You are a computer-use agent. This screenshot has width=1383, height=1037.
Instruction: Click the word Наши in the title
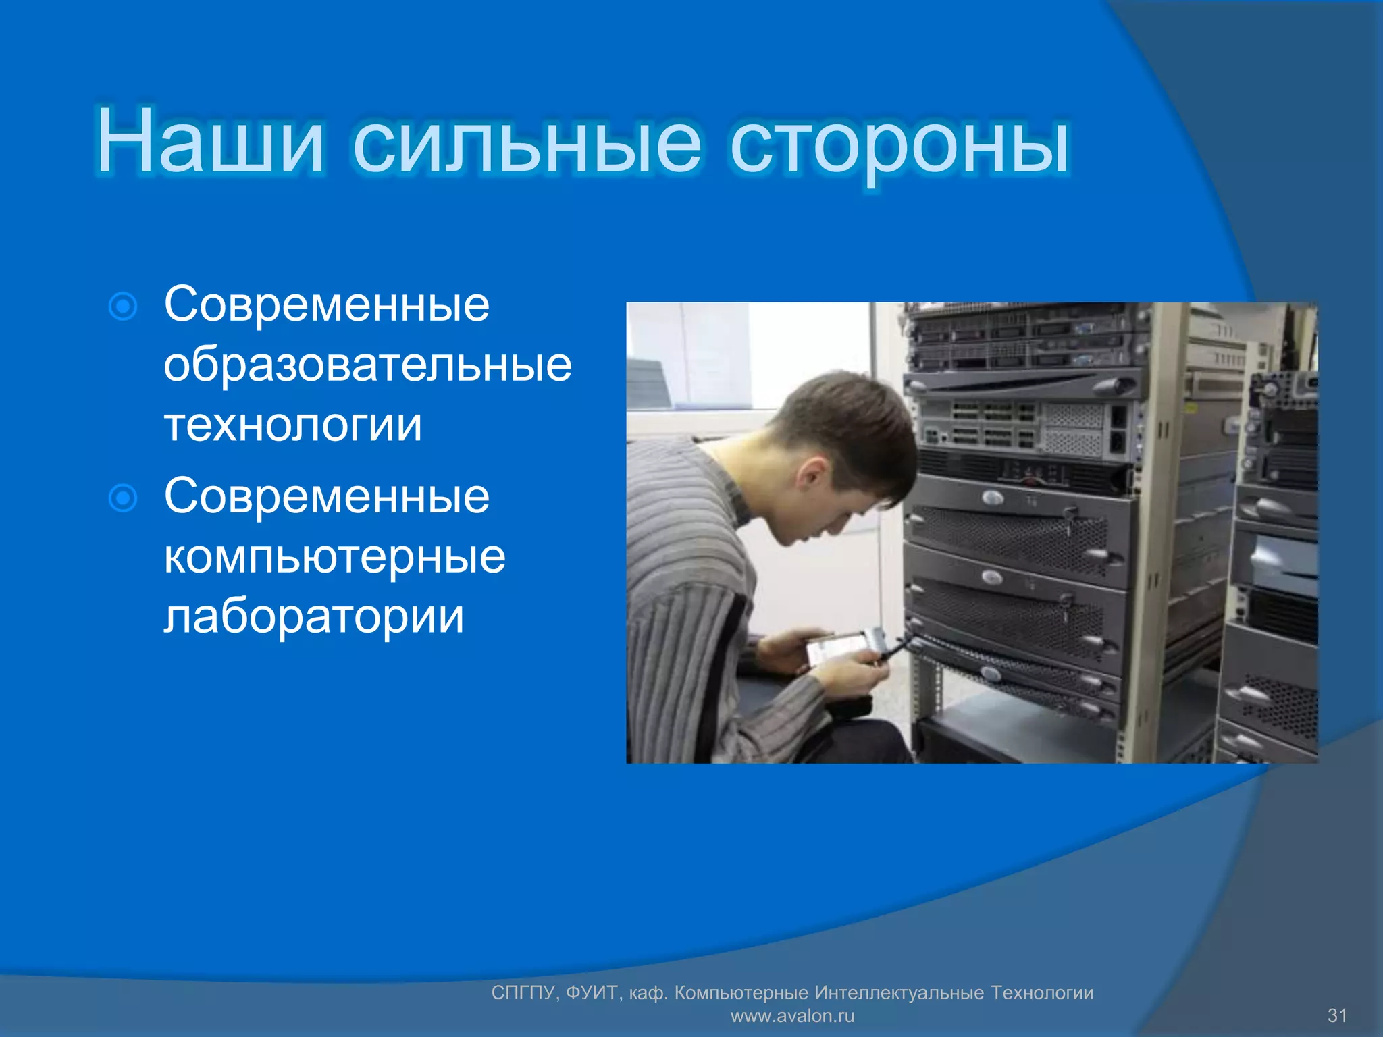point(210,142)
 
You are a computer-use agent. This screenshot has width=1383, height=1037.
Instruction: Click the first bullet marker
point(123,307)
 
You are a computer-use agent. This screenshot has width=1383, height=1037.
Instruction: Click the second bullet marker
point(123,499)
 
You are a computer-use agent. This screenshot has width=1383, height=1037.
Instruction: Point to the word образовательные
point(367,366)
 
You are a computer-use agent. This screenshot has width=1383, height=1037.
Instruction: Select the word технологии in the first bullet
point(293,425)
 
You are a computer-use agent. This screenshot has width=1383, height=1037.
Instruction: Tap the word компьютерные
point(334,557)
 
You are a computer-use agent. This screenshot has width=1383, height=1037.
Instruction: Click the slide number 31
point(1337,1015)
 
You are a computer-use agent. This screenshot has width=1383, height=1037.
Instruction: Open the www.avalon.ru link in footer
point(792,1015)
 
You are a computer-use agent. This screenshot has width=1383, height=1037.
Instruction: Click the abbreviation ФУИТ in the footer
point(592,992)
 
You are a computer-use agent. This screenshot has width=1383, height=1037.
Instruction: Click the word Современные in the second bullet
point(327,497)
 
